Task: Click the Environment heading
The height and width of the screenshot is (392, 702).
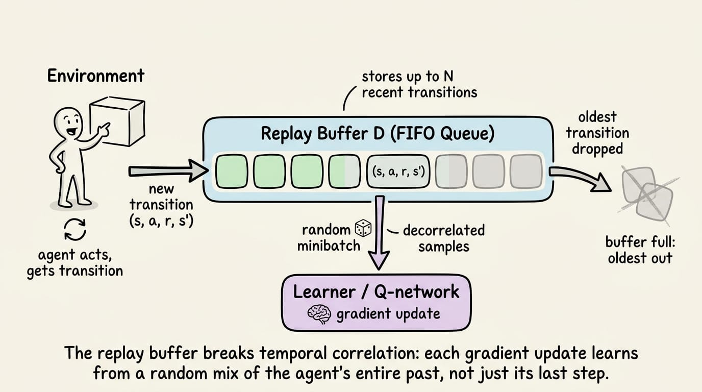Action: point(95,76)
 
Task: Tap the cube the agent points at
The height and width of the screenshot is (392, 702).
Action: point(118,121)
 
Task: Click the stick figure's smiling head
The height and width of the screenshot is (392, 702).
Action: point(68,123)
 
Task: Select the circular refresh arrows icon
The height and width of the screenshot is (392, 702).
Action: point(75,230)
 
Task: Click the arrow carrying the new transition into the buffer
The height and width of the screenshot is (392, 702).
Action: point(168,171)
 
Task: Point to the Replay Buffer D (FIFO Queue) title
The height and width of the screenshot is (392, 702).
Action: point(378,133)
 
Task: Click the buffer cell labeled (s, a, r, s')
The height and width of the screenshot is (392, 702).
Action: point(398,171)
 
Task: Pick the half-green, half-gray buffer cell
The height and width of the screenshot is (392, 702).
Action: point(344,171)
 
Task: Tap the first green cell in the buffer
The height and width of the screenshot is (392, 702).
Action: point(232,171)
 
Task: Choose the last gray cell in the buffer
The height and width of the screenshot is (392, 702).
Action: point(526,171)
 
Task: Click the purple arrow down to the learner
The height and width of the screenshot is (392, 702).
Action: point(379,232)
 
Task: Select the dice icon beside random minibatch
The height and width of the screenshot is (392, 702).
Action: point(363,228)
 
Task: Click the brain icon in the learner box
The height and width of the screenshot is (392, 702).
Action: point(319,314)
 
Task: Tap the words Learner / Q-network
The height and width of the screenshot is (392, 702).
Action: point(376,292)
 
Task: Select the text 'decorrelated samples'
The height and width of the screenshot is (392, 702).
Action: point(444,238)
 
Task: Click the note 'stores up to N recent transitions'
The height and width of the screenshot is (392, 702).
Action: point(419,85)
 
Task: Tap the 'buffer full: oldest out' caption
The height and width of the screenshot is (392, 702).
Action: point(640,250)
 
